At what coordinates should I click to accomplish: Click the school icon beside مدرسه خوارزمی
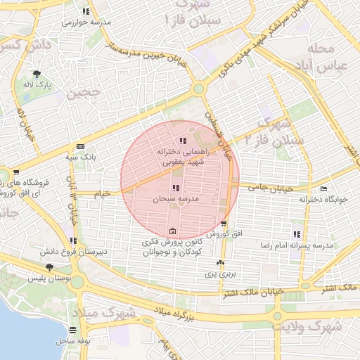(x=86, y=12)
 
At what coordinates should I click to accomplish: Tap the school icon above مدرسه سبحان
(x=175, y=188)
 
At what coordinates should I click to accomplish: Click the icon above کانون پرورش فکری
(x=173, y=231)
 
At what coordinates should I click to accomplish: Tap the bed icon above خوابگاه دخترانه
(x=323, y=188)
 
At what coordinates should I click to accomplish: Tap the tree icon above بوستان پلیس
(x=49, y=267)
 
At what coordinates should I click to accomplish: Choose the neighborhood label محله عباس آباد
(x=330, y=59)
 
